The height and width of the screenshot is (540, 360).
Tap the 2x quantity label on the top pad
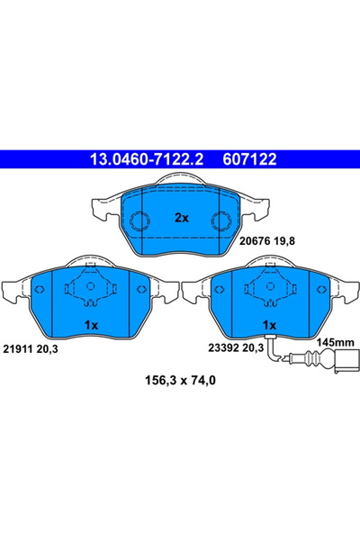coord(180,219)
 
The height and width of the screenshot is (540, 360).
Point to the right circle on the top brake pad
coord(221,221)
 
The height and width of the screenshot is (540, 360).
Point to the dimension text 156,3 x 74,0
coord(179,381)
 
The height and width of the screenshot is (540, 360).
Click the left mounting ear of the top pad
coord(103,209)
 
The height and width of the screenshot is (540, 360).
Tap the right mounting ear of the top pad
coord(256,209)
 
